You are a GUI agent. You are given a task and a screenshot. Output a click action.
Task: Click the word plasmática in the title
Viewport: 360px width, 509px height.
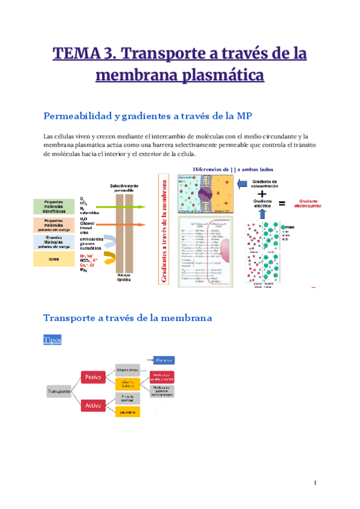pos(221,76)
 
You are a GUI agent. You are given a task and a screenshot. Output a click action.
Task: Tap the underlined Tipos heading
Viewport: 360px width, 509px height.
pos(52,340)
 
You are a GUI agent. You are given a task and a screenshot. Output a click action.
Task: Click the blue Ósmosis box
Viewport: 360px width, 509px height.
pos(163,360)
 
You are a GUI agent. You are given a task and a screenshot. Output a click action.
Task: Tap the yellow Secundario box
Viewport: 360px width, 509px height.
pos(127,411)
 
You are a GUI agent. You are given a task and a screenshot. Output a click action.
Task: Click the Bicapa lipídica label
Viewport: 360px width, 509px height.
pos(124,279)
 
